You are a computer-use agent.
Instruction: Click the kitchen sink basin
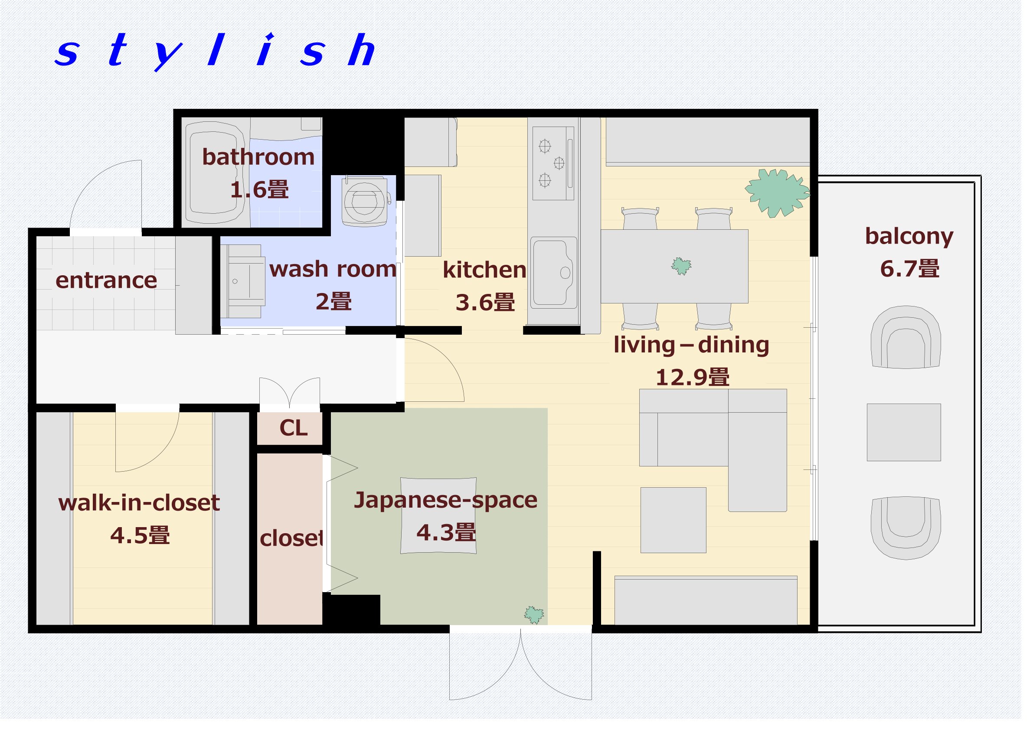point(560,276)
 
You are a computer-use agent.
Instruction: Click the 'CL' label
point(297,433)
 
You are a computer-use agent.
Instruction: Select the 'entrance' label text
point(108,284)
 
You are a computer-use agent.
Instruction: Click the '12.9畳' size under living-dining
point(700,381)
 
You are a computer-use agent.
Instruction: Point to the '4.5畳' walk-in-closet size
point(141,541)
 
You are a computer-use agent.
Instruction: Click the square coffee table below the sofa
point(681,526)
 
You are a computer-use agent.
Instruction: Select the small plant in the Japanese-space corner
point(540,622)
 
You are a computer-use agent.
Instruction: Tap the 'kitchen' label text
point(490,273)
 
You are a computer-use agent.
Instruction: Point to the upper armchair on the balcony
point(915,342)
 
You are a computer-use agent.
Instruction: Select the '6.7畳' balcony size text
point(920,272)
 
